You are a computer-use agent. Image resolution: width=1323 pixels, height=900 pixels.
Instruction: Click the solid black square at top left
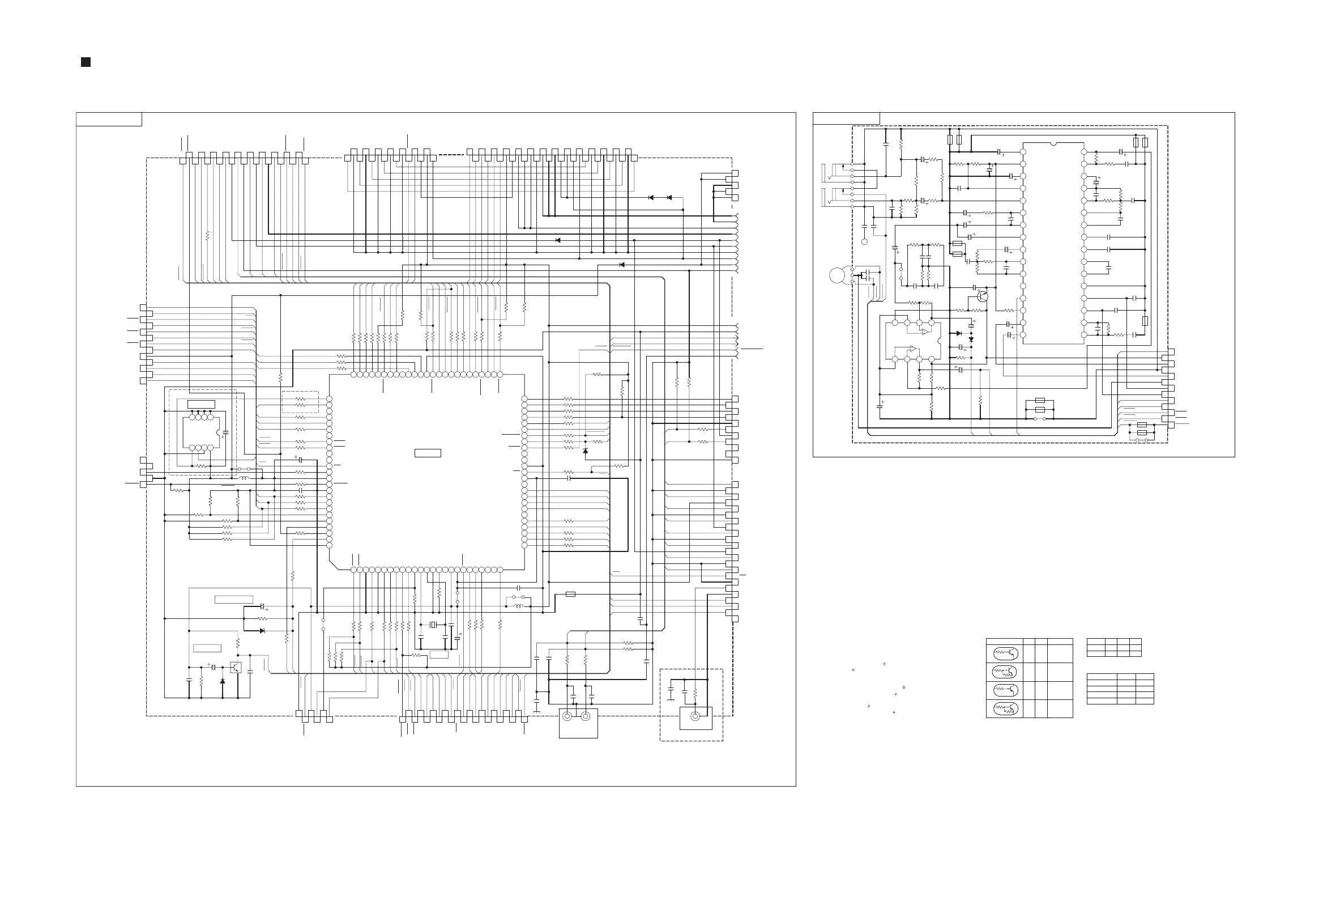click(86, 62)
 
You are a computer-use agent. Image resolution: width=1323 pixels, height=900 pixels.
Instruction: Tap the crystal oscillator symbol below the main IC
click(433, 625)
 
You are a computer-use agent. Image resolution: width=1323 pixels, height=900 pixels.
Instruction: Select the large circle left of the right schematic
click(837, 275)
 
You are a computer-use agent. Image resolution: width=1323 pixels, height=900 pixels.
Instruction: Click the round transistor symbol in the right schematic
click(983, 296)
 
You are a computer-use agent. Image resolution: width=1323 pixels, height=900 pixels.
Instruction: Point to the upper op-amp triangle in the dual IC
click(925, 331)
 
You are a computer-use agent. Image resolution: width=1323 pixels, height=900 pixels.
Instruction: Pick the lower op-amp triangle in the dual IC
click(912, 349)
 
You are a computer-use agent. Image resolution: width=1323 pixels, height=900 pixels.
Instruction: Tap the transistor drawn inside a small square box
click(236, 667)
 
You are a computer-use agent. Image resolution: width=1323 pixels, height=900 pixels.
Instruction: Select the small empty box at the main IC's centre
click(428, 453)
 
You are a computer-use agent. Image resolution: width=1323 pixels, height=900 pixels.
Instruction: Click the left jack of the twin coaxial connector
click(567, 716)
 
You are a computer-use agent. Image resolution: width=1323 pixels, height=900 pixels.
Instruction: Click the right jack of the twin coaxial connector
click(585, 716)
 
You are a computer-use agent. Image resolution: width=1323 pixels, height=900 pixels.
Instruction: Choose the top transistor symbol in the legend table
click(1004, 652)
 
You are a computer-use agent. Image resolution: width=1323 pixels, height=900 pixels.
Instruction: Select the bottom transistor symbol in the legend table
click(1004, 708)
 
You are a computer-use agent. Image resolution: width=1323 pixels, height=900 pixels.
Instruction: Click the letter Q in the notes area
click(904, 687)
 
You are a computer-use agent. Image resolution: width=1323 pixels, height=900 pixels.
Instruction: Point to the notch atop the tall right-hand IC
click(1053, 143)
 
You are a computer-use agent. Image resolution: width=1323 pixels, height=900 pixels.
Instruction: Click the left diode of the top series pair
click(651, 198)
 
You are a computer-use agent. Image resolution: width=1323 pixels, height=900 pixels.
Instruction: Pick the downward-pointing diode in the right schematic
click(971, 339)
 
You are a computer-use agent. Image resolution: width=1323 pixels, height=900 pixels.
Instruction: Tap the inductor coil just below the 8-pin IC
click(245, 478)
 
